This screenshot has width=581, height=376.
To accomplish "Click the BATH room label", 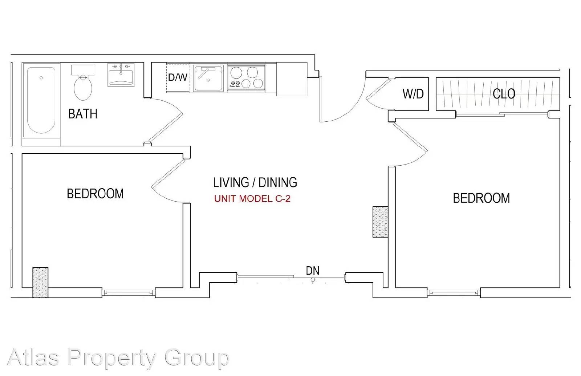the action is click(83, 114).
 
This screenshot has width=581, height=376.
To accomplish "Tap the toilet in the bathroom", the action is click(83, 82).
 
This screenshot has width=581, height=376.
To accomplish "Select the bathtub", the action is click(41, 100).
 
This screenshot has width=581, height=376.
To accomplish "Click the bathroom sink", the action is click(121, 75).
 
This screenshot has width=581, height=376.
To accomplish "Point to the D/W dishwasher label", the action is click(178, 77).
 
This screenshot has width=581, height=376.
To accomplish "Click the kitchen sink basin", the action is click(208, 78).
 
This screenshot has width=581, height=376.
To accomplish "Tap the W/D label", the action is click(413, 94).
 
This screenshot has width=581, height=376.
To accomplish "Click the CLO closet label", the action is click(504, 94).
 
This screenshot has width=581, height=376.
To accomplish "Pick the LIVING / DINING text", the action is click(255, 182).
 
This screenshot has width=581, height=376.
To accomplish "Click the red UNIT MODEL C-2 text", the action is click(252, 199).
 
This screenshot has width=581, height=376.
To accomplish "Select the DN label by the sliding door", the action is click(313, 271).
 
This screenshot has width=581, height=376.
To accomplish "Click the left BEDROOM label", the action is click(95, 194).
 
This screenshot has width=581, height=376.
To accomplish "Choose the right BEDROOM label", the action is click(481, 198).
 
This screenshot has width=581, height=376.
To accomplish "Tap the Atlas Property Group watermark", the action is click(118, 358).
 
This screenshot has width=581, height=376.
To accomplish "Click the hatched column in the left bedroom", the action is click(40, 282).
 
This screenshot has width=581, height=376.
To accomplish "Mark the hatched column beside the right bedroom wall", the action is click(381, 222).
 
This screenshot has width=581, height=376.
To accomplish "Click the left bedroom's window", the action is click(129, 293).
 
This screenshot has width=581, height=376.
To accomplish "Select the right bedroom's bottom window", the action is click(454, 293).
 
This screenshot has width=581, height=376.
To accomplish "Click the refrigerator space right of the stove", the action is click(292, 79).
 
